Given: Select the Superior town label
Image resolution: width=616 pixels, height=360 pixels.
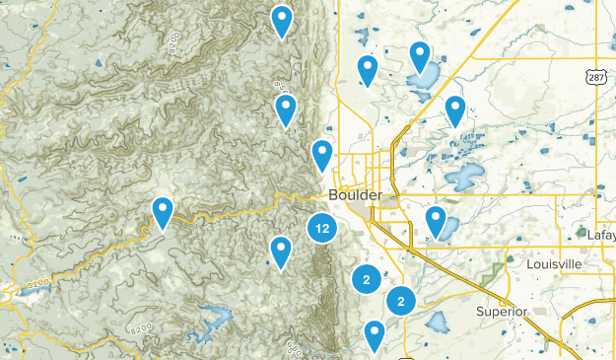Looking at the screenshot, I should [x=503, y=312].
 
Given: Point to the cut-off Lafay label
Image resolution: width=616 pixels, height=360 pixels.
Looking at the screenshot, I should [x=600, y=236].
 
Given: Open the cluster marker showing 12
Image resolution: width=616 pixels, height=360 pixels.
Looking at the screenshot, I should [x=321, y=228].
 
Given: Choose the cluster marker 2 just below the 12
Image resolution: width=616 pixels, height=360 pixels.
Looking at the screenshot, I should [x=366, y=280].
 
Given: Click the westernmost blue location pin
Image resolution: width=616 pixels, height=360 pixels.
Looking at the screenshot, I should [x=162, y=211].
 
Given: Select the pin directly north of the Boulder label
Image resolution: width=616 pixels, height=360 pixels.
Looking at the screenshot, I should [x=322, y=155].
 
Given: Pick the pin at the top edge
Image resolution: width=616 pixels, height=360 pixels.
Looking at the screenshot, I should [x=282, y=19].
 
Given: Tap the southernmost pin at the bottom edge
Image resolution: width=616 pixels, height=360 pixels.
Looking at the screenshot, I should [x=374, y=335].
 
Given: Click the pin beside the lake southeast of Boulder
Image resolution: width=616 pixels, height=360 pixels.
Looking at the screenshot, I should [x=436, y=221].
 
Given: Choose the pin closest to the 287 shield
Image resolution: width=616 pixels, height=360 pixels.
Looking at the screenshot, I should [x=454, y=110].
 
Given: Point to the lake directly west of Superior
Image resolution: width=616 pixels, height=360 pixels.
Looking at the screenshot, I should [x=437, y=322].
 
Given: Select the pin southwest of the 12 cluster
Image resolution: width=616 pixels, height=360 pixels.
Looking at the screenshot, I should [x=281, y=252].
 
